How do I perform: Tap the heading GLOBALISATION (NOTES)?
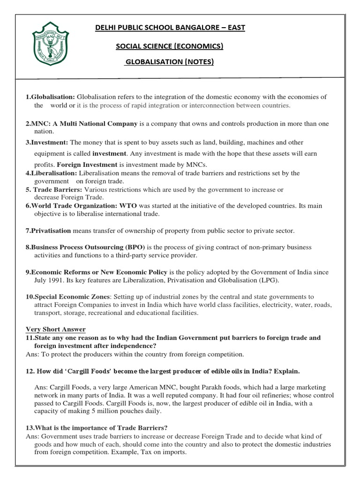(169, 62)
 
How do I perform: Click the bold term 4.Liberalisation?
(52, 173)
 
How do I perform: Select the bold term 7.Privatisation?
(48, 231)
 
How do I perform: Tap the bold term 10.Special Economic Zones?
(68, 297)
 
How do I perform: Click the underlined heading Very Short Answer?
(56, 329)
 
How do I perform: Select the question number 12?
(30, 371)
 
